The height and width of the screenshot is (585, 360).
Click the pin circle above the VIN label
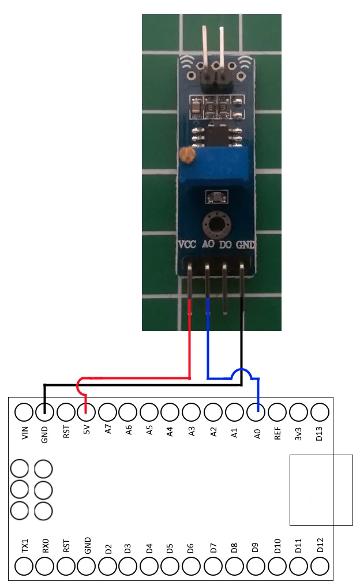24,412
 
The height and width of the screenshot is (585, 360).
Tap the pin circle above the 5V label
86,412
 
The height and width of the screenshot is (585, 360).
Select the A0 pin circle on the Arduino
256,412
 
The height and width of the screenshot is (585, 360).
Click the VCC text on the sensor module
187,245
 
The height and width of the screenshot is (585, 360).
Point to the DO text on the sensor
226,245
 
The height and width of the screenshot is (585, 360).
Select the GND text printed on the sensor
245,245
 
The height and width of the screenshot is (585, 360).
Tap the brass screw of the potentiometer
186,155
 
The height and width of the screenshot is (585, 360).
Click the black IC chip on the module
217,137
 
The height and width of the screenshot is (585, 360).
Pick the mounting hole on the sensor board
217,223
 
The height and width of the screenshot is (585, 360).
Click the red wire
190,346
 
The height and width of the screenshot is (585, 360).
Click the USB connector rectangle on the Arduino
321,490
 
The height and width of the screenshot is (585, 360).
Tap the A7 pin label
107,431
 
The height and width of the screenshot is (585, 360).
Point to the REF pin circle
277,412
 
